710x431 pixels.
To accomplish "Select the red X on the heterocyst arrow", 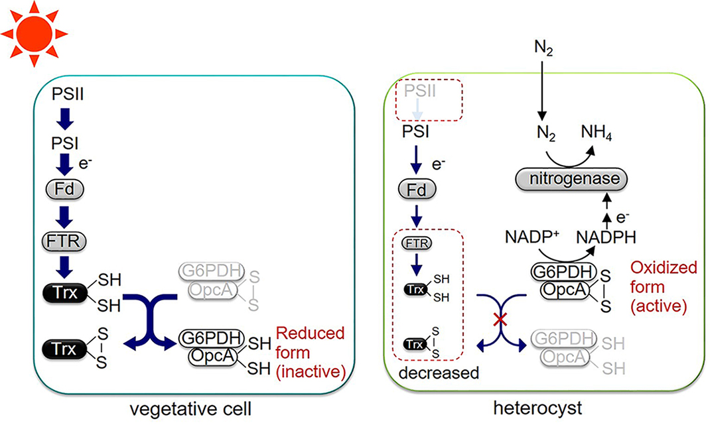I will [x=501, y=320].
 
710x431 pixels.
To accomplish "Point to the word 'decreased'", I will [x=439, y=373].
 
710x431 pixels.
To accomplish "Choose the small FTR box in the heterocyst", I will [x=416, y=243].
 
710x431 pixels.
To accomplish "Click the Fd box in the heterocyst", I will [x=416, y=190].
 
